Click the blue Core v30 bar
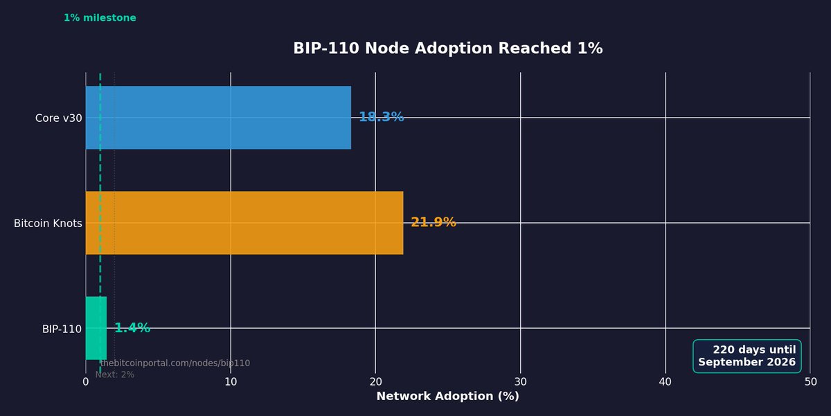218,118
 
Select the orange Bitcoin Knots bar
244,223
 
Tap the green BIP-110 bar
96,328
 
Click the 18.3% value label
381,118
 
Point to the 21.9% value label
434,223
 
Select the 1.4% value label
132,328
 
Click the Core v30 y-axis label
58,118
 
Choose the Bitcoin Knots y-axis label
48,224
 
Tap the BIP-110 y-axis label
62,329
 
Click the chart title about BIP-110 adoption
447,48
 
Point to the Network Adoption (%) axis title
447,397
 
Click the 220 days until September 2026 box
747,356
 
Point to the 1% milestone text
100,18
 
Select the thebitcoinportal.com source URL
175,363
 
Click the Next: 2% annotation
115,374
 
